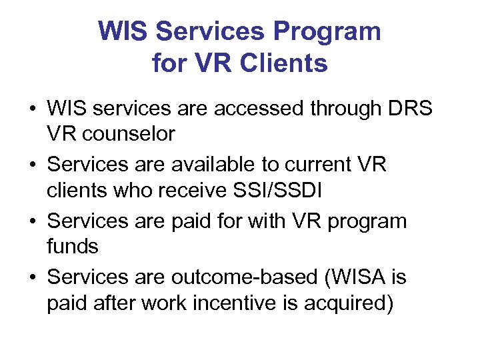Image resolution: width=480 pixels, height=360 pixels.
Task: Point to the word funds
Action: pos(73,247)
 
